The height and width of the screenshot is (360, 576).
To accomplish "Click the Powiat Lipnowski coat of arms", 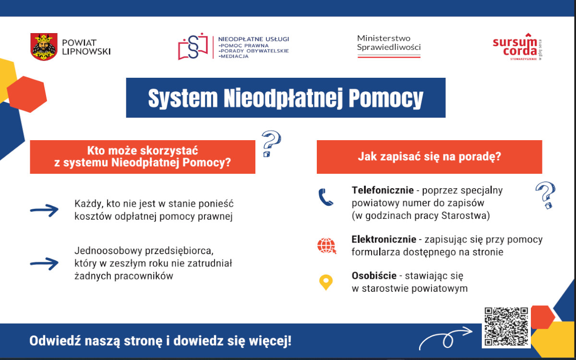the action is [44, 47].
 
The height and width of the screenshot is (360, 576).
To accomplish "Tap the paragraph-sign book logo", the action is [193, 47].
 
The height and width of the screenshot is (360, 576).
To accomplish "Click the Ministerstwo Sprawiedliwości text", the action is [389, 43].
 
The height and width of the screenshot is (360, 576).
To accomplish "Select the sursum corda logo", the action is [517, 47].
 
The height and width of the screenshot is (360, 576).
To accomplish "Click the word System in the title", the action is [183, 98].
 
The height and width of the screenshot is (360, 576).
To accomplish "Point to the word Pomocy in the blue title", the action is [386, 98].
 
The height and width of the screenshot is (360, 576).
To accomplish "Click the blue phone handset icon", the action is [325, 197].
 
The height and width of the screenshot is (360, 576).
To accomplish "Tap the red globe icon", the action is [326, 246].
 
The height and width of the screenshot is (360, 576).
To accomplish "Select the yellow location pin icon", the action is [326, 282].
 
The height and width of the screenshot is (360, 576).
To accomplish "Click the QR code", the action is [506, 326].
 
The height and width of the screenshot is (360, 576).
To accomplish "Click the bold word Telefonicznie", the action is [383, 190].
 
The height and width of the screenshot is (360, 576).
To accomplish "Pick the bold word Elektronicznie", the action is [384, 240].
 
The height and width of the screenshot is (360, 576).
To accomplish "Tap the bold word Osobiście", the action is [374, 276].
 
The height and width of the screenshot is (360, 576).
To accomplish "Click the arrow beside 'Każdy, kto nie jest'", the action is [44, 210].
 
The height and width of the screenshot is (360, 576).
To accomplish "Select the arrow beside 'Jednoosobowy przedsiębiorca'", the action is [44, 264].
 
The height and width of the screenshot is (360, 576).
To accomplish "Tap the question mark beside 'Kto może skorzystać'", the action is [271, 144].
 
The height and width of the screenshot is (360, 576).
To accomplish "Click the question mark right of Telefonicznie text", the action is [546, 195].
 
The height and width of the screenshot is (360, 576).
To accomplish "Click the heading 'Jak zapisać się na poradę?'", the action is [430, 156].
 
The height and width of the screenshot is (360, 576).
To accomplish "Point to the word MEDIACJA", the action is [233, 56].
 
